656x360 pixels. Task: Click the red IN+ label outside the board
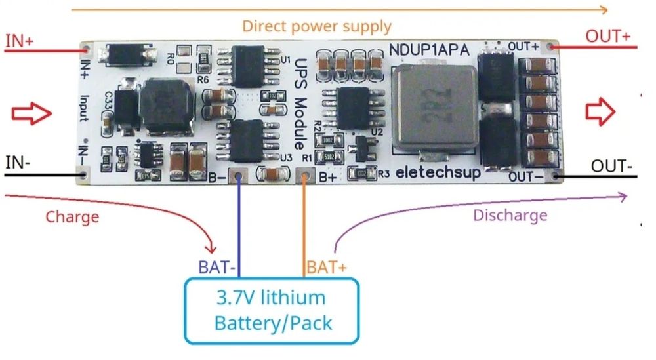pyautogui.click(x=20, y=41)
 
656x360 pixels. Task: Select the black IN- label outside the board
pyautogui.click(x=17, y=161)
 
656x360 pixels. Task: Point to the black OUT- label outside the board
pyautogui.click(x=612, y=166)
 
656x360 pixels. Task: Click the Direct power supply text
pyautogui.click(x=317, y=27)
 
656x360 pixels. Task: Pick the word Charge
pyautogui.click(x=72, y=216)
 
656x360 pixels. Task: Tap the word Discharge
pyautogui.click(x=510, y=215)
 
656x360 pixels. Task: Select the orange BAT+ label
pyautogui.click(x=326, y=268)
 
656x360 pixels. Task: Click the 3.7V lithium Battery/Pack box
pyautogui.click(x=272, y=310)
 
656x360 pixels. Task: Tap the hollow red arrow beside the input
pyautogui.click(x=31, y=114)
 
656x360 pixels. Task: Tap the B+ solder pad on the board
pyautogui.click(x=304, y=176)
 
